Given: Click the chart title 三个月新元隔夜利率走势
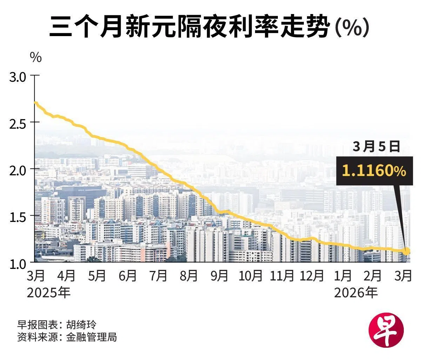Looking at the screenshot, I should tap(189, 27).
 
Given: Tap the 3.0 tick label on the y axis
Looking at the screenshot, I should tap(18, 77).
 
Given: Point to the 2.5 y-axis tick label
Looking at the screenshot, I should tap(18, 123).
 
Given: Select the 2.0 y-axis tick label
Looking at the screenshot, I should tap(18, 170).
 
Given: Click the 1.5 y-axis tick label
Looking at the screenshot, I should tap(18, 217).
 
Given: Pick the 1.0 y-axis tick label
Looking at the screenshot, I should tap(18, 264).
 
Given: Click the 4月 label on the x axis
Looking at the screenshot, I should tap(66, 276).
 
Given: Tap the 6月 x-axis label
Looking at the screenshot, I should tap(127, 276).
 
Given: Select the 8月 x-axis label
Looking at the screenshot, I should tap(189, 276).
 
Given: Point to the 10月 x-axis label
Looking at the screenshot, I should tap(250, 276).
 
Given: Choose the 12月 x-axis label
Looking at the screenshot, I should tap(312, 276).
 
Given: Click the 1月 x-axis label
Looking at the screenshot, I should tap(342, 276).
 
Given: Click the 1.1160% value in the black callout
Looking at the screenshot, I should tap(374, 171).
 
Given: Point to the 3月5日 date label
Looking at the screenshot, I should tap(376, 147).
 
